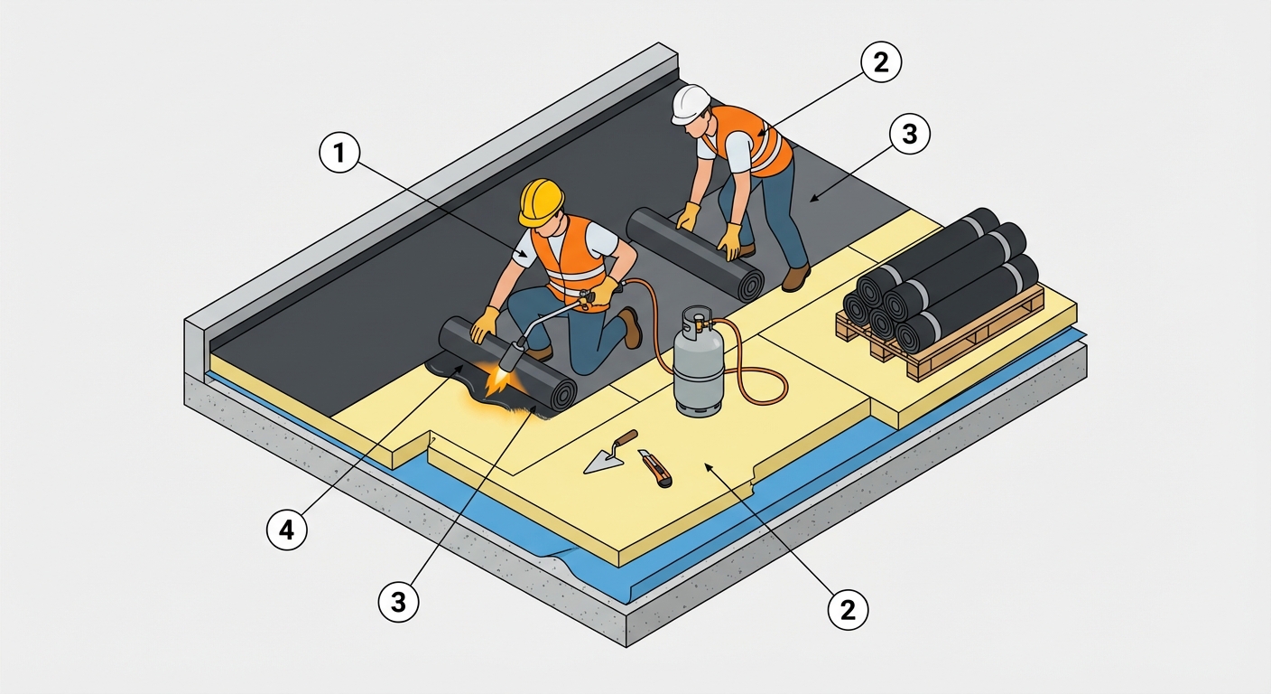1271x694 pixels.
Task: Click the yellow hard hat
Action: (541, 202)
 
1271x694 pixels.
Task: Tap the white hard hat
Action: (690, 104)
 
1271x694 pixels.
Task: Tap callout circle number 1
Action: (339, 152)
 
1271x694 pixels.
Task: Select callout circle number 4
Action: (287, 530)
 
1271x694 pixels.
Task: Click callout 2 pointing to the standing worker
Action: (881, 62)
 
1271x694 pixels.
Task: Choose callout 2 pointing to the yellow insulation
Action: (848, 610)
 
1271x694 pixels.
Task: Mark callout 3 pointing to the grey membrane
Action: (909, 134)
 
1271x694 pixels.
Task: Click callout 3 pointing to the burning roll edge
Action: (398, 601)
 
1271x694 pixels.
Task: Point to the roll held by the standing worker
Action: (695, 253)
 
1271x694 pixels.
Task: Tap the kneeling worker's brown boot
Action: (631, 328)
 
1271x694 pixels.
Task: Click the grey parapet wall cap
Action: (431, 182)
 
